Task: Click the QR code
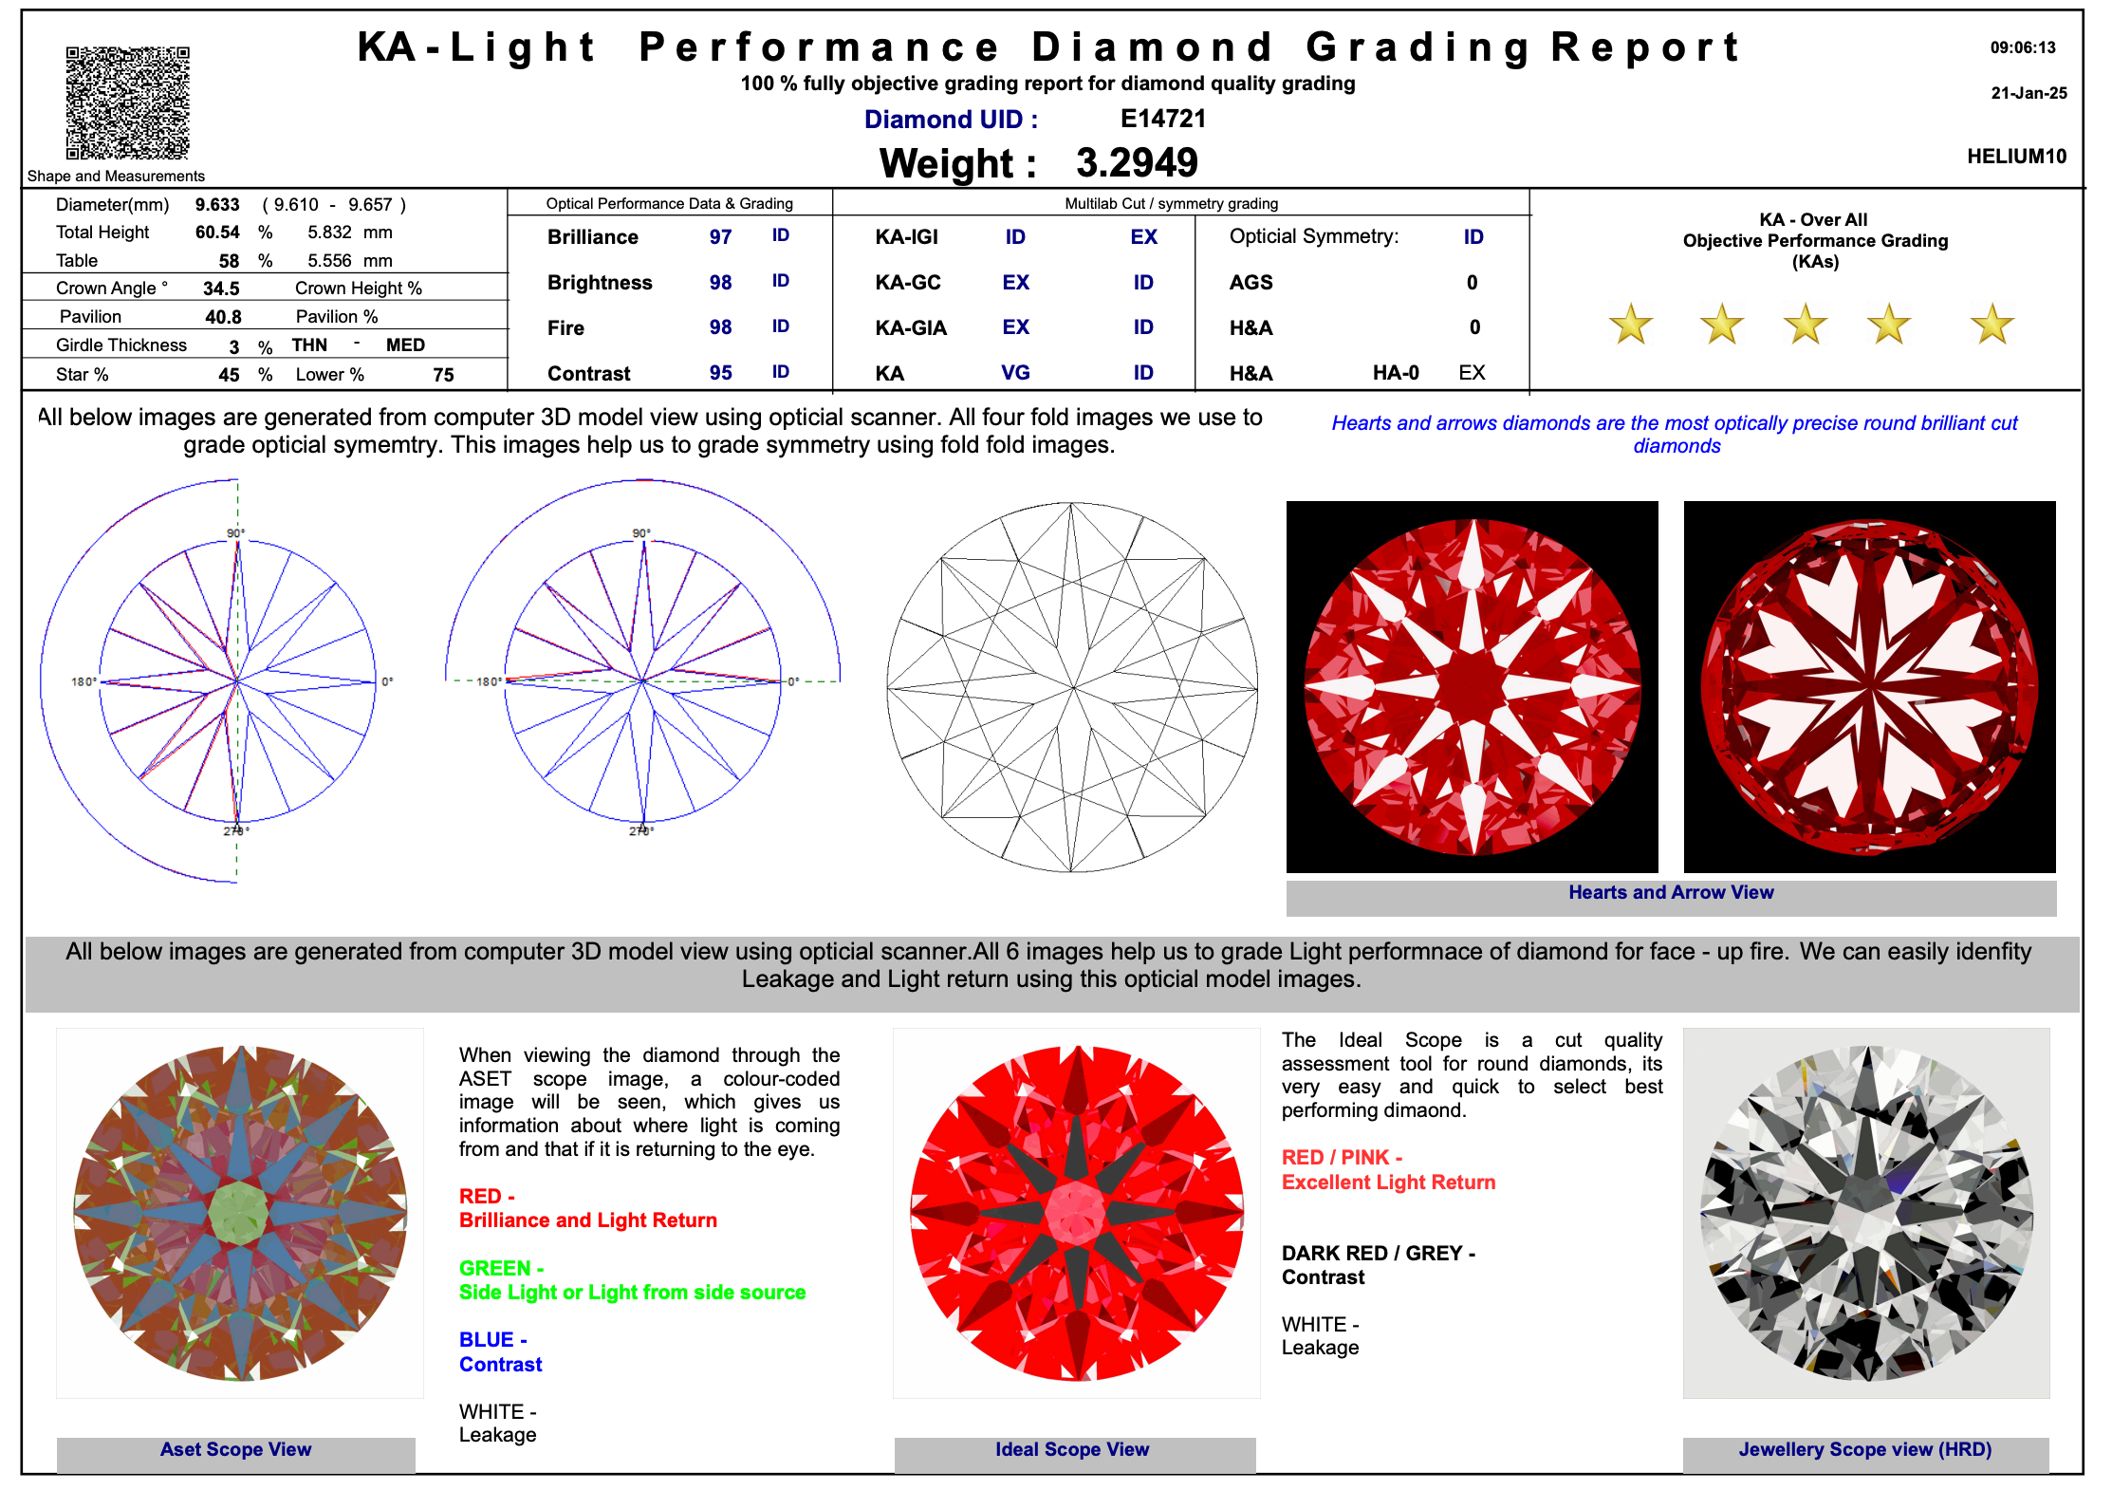click(x=127, y=102)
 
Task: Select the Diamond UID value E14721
click(x=1162, y=119)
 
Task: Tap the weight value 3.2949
click(x=1137, y=163)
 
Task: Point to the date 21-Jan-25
click(x=2029, y=93)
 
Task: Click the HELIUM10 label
click(x=2016, y=157)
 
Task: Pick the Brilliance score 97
click(x=720, y=237)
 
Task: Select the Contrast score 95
click(x=720, y=373)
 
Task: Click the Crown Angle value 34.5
click(x=221, y=289)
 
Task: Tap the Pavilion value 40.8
click(x=223, y=317)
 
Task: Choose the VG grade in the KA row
click(x=1015, y=373)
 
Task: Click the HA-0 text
click(x=1396, y=373)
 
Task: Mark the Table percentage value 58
click(x=229, y=261)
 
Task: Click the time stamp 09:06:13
click(x=2023, y=47)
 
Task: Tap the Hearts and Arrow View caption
click(x=1670, y=892)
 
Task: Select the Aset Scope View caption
click(x=235, y=1449)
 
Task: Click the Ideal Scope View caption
click(x=1072, y=1449)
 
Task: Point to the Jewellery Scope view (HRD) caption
click(x=1864, y=1449)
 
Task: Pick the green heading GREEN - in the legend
click(x=501, y=1268)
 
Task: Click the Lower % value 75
click(x=443, y=375)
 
